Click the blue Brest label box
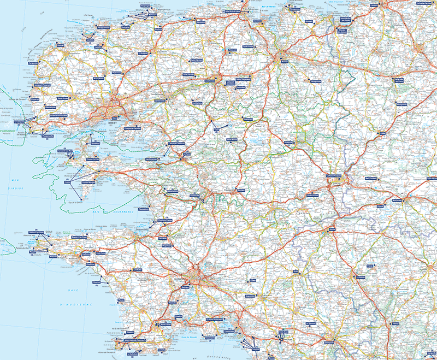tap(115, 117)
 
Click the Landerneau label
tap(160, 101)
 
